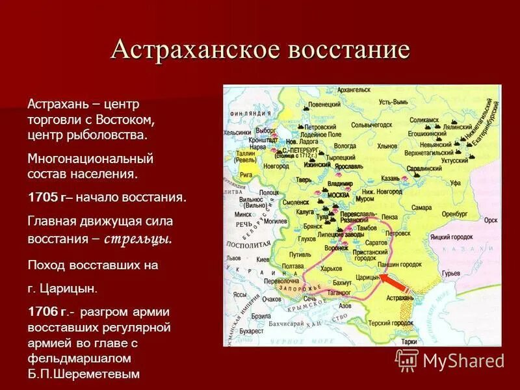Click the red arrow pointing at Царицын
coord(393,284)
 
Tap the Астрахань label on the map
coord(398,297)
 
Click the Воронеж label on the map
coord(337,248)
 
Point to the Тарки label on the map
coord(408,341)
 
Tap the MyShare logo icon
coord(408,360)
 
